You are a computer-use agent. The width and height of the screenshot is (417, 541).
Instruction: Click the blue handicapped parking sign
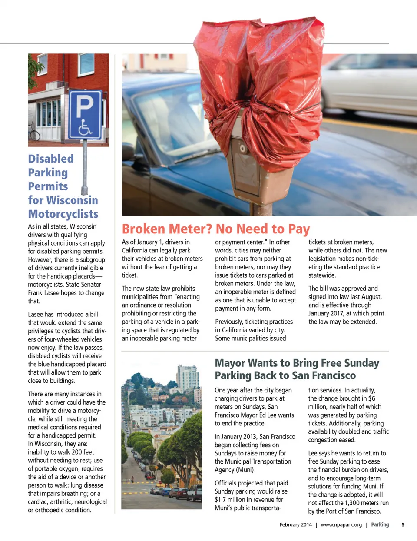(x=85, y=114)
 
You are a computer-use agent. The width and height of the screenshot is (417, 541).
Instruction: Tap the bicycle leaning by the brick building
(x=33, y=131)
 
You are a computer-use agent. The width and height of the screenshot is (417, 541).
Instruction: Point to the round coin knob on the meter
(x=242, y=148)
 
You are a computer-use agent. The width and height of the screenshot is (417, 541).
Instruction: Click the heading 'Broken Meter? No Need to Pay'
(x=216, y=229)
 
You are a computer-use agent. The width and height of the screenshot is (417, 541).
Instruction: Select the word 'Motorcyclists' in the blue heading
(x=63, y=214)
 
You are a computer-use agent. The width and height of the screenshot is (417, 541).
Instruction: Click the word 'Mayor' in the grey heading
(x=232, y=363)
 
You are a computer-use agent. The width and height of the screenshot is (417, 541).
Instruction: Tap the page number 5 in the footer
(x=403, y=524)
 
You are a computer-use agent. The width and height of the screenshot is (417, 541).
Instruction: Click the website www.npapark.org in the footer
(x=341, y=525)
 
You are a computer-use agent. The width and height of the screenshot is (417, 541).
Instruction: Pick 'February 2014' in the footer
(x=295, y=525)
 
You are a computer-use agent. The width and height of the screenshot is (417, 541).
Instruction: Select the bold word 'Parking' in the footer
(x=380, y=524)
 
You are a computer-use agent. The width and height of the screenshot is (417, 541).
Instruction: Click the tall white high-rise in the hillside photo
(x=188, y=378)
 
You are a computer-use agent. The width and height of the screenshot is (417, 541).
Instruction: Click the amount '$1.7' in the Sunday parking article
(x=221, y=500)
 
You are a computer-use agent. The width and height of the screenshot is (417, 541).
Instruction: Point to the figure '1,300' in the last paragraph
(x=352, y=503)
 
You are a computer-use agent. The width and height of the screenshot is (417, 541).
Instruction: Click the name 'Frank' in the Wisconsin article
(x=36, y=293)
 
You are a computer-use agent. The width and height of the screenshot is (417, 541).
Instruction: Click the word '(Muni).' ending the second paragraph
(x=246, y=470)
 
